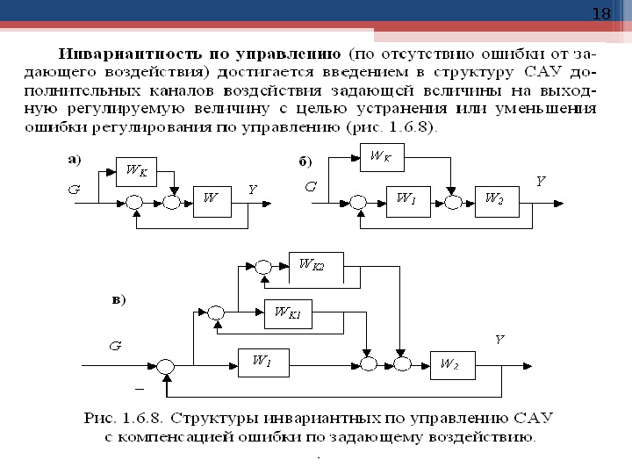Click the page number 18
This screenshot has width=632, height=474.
[x=601, y=13]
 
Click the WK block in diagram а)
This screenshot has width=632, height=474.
[x=136, y=172]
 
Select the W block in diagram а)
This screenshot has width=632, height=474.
[x=211, y=201]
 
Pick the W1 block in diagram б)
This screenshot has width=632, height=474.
[x=406, y=201]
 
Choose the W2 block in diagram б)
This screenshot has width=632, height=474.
[x=493, y=201]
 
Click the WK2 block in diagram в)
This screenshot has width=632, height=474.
[x=315, y=263]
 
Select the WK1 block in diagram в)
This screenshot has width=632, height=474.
[x=288, y=312]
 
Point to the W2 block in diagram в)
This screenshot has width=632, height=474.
[x=451, y=363]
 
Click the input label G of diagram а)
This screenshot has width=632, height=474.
[x=75, y=189]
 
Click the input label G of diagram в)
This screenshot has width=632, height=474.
[x=114, y=346]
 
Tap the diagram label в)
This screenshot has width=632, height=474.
[x=118, y=299]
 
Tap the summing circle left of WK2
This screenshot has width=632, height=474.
[x=262, y=263]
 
